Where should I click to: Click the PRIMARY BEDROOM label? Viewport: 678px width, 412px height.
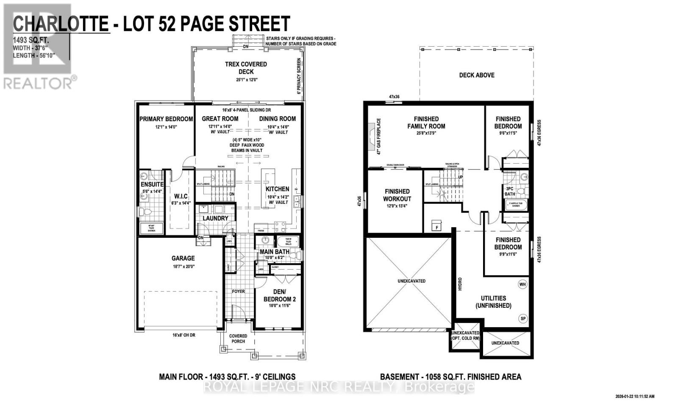click(166, 119)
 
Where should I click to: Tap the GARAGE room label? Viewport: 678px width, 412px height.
click(183, 258)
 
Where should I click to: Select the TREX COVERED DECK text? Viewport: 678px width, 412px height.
click(246, 68)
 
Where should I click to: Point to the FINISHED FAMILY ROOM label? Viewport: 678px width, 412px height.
click(426, 122)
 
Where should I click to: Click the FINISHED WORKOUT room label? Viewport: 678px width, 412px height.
click(397, 195)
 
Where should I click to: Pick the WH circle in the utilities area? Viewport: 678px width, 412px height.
click(522, 284)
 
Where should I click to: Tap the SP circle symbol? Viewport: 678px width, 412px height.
click(522, 318)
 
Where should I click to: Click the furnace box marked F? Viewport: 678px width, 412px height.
click(436, 227)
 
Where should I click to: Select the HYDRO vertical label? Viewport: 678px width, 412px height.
click(460, 284)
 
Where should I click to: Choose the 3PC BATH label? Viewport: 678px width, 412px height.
click(510, 191)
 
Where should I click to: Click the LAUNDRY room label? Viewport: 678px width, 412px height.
click(215, 218)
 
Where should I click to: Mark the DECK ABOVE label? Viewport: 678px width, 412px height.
click(477, 75)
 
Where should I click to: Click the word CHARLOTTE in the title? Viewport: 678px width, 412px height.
click(61, 24)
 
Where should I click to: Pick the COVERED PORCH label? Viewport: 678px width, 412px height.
click(238, 339)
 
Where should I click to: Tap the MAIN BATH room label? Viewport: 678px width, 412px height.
click(275, 252)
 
